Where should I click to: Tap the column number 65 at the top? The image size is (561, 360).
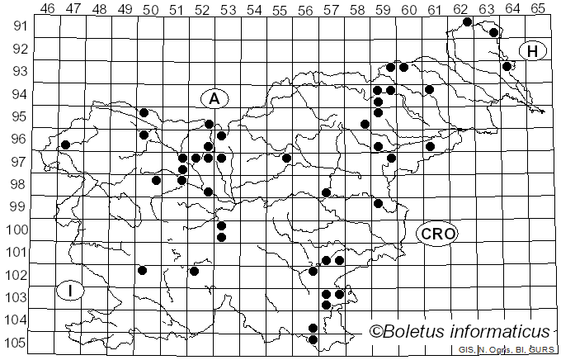[x=538, y=8]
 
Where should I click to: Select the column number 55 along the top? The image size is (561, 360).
[x=280, y=8]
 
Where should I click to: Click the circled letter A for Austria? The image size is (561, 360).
[x=214, y=98]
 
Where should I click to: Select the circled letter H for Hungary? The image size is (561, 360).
[x=533, y=51]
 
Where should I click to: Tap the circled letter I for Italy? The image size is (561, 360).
[x=71, y=290]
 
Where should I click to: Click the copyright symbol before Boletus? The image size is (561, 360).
[x=376, y=332]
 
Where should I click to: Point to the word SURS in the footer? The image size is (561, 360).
[x=542, y=350]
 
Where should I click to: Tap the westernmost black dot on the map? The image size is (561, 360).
[x=65, y=144]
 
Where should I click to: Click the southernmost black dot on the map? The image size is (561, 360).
[x=313, y=339]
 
